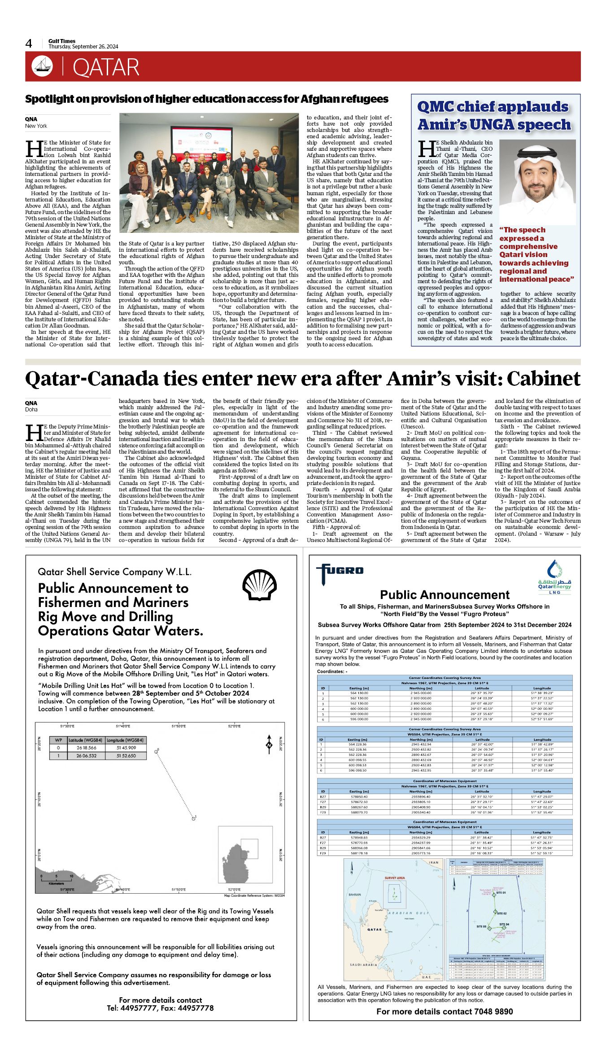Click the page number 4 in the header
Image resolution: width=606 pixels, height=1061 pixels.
click(x=29, y=44)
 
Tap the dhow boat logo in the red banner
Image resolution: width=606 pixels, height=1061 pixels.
click(x=42, y=66)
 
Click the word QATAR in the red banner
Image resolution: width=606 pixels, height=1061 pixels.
click(x=106, y=67)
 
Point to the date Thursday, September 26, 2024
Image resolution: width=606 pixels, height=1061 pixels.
click(x=83, y=47)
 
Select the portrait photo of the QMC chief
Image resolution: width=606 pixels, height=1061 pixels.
click(x=537, y=182)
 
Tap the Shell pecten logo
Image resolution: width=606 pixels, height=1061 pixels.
click(x=260, y=585)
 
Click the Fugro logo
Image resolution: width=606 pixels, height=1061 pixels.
click(x=340, y=572)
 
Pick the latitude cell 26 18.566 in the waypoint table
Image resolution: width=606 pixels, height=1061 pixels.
click(x=86, y=748)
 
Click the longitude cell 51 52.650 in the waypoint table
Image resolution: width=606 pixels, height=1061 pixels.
click(x=126, y=756)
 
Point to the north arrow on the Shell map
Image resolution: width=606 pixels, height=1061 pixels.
click(x=269, y=744)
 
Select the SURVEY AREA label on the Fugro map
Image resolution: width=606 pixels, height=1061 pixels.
click(x=394, y=878)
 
